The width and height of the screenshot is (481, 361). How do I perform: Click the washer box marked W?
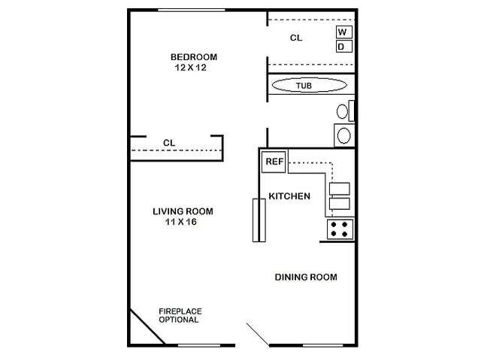(344, 32)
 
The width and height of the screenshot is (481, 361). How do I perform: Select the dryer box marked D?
(344, 47)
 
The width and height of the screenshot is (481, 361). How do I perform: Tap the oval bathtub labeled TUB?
(310, 85)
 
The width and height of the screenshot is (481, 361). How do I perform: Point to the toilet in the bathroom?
(345, 111)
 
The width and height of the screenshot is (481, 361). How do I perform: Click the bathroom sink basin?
(344, 135)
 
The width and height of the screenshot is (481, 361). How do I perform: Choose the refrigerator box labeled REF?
(274, 162)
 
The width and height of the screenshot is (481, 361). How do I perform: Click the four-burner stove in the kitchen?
(340, 229)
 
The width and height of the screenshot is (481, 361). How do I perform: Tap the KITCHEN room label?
(289, 196)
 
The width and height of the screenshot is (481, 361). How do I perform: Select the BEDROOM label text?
(194, 57)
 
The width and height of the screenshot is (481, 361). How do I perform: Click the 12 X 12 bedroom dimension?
(191, 68)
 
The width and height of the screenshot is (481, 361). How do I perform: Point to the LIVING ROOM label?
(183, 211)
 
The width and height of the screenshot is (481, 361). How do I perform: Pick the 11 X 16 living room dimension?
(181, 222)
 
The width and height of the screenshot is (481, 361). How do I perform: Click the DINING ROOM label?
(306, 278)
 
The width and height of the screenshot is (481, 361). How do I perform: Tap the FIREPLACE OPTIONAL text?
(180, 316)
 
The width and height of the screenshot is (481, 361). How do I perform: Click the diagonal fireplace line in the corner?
(147, 326)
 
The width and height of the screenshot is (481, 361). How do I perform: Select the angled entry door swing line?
(258, 335)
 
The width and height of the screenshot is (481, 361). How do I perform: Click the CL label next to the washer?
(296, 38)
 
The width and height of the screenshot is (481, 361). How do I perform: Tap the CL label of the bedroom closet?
(169, 143)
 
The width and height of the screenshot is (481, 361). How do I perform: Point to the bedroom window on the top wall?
(192, 11)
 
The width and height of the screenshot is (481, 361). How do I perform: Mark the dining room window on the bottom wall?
(322, 346)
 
